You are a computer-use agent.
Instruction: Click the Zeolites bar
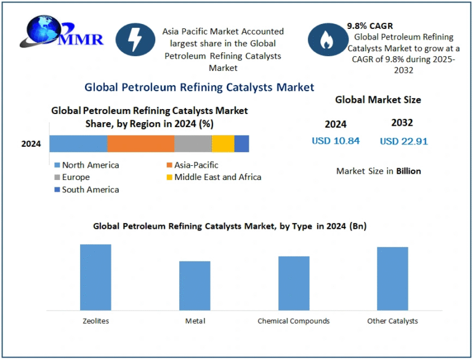pos(95,277)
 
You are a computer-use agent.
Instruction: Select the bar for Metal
pos(195,285)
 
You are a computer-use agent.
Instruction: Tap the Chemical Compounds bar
pos(294,282)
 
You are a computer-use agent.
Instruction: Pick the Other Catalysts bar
pos(392,278)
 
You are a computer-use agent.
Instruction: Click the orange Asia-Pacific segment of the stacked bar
pos(140,144)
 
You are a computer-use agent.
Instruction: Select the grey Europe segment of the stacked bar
pos(193,144)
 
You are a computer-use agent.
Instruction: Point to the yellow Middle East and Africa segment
pos(223,144)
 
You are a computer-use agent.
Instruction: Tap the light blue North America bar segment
pos(78,144)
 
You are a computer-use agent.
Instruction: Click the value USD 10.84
pos(336,141)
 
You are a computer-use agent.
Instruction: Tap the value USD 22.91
pos(403,141)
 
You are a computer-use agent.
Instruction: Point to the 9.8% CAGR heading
pos(370,27)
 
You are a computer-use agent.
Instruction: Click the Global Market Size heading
pos(378,99)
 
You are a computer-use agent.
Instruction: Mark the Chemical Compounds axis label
pos(293,321)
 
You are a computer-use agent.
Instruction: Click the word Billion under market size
pos(408,171)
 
